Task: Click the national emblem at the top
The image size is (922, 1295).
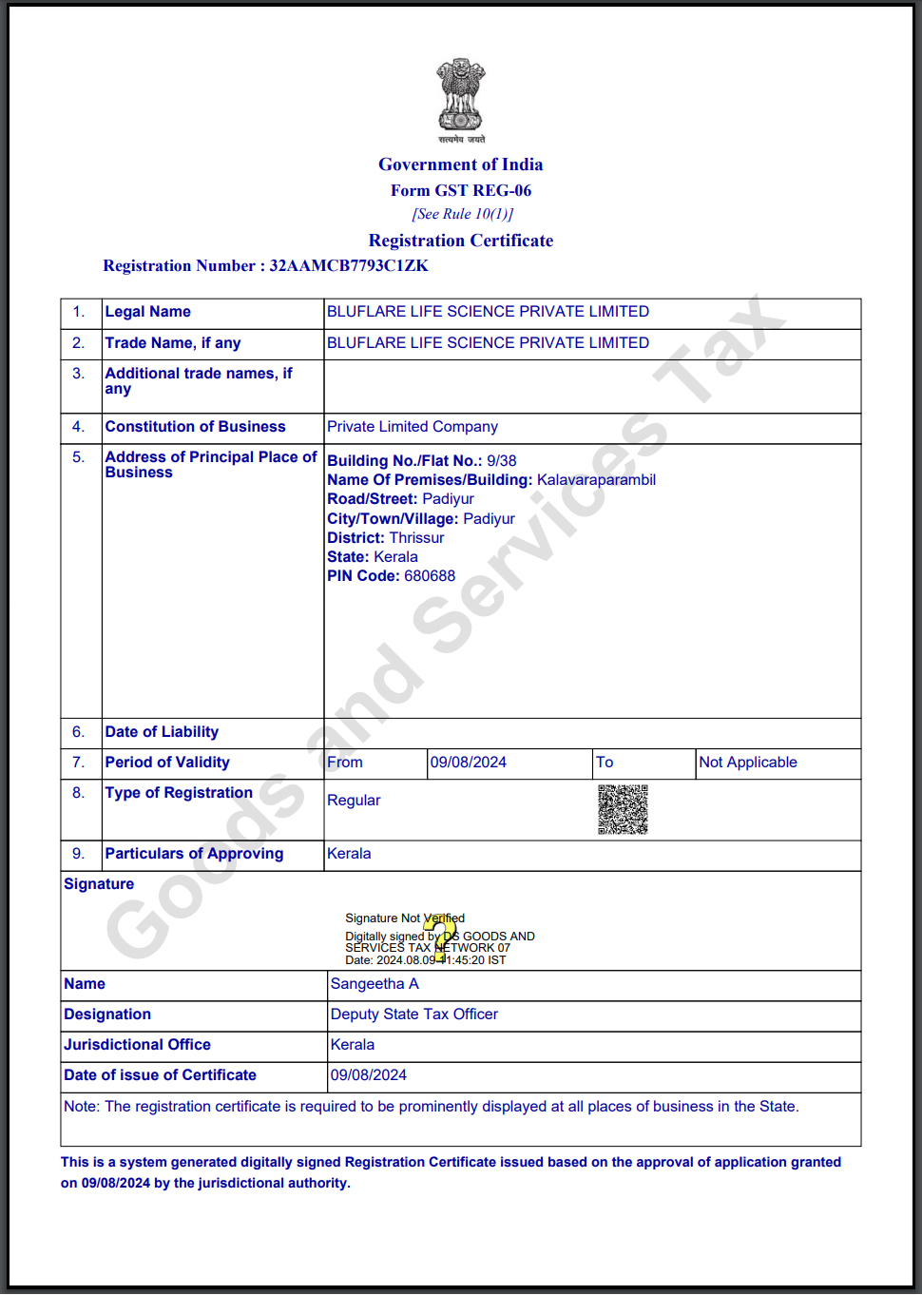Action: pos(461,95)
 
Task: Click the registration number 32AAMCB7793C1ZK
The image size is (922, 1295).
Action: pos(349,266)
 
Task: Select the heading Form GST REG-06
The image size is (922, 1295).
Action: pos(461,191)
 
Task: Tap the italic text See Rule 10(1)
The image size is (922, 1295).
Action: pos(462,215)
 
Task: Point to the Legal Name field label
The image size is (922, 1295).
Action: pos(148,312)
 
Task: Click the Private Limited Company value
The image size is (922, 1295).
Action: pos(413,427)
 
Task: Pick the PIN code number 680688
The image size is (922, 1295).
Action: pos(430,576)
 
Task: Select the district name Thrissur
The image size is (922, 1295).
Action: pos(416,538)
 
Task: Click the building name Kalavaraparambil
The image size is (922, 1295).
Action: pos(596,480)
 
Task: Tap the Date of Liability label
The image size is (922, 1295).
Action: pos(162,732)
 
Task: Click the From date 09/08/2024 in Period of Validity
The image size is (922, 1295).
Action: pos(469,763)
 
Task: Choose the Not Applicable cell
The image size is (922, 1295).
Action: pos(748,763)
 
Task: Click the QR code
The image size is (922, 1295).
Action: pos(623,809)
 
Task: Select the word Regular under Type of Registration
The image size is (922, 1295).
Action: pos(354,801)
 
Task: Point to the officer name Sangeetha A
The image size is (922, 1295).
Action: pos(375,984)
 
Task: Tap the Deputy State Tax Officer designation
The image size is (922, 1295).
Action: pos(414,1015)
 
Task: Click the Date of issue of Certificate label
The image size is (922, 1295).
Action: pos(160,1075)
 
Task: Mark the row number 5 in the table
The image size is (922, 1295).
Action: pos(78,457)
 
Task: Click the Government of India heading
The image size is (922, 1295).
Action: pos(461,164)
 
